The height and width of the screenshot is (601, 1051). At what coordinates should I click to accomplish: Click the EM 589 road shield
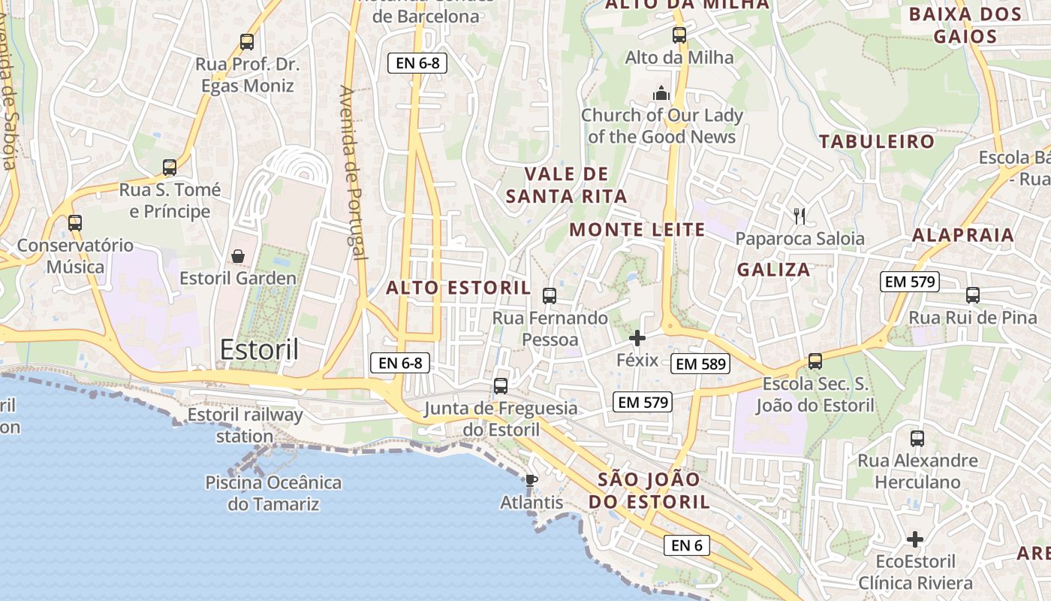click(x=701, y=364)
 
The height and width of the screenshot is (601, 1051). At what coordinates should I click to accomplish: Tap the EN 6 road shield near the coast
click(x=686, y=545)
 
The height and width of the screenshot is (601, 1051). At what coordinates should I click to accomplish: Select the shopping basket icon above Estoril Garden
click(x=238, y=257)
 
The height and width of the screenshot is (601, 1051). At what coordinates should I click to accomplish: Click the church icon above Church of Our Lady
click(x=661, y=93)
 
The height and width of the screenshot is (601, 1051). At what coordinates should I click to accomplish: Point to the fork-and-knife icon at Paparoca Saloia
click(x=800, y=216)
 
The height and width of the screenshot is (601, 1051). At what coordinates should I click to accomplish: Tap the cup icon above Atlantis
click(x=532, y=481)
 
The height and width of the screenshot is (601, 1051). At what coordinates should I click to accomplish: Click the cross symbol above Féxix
click(x=637, y=338)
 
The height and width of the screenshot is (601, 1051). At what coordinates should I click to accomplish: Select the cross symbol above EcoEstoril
click(x=914, y=539)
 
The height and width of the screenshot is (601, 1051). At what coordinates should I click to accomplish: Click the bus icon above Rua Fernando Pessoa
click(x=550, y=296)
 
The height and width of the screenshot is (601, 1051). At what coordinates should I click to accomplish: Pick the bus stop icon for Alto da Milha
click(x=679, y=35)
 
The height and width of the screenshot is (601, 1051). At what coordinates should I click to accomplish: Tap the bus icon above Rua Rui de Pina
click(x=973, y=295)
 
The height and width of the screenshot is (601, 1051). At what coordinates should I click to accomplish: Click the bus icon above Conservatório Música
click(x=74, y=223)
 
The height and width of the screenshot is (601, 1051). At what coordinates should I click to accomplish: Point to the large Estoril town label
click(x=259, y=349)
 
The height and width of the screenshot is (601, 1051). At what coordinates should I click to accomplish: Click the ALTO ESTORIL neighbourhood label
click(x=458, y=288)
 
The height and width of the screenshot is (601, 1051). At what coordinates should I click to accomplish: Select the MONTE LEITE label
click(x=637, y=230)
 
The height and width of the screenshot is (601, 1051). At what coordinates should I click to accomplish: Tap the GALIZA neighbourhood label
click(x=773, y=270)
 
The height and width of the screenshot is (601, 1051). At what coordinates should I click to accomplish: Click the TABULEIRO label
click(x=877, y=141)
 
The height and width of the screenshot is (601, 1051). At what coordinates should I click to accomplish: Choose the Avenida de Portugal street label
click(x=353, y=173)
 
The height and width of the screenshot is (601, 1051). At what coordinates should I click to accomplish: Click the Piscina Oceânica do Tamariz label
click(x=273, y=493)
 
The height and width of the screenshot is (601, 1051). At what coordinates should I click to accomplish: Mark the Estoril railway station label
click(x=245, y=425)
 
